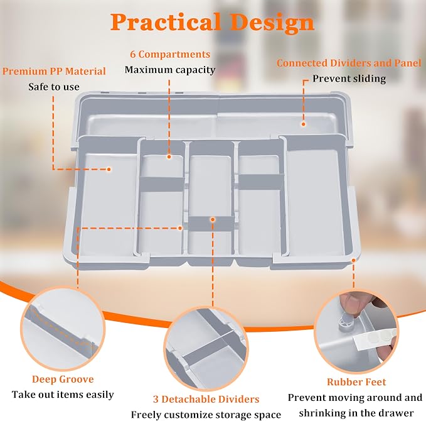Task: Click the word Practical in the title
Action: [166, 22]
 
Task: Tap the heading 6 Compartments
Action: [170, 54]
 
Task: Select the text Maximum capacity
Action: [170, 70]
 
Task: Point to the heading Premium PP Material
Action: [54, 71]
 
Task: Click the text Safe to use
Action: [54, 87]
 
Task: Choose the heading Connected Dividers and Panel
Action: [349, 63]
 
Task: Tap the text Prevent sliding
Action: [349, 79]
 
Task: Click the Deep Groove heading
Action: [63, 379]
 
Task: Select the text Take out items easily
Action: [63, 395]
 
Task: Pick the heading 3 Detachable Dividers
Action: [206, 399]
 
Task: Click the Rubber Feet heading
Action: [356, 382]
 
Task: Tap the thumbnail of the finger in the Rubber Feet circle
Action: [353, 303]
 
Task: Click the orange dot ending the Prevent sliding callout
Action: [304, 124]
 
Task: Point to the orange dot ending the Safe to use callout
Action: [109, 169]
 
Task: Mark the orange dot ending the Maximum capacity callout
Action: [169, 156]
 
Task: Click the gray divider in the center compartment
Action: [211, 224]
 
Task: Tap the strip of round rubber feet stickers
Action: [374, 339]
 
